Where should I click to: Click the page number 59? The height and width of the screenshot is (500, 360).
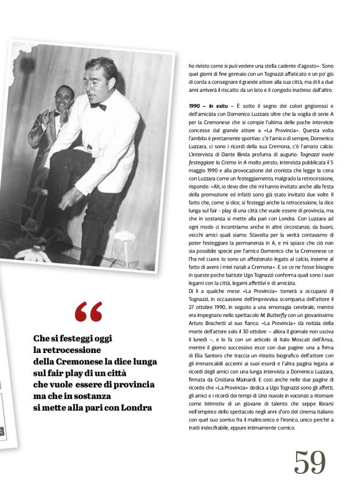(310, 462)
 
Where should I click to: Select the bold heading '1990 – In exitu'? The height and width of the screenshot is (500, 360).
(207, 107)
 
